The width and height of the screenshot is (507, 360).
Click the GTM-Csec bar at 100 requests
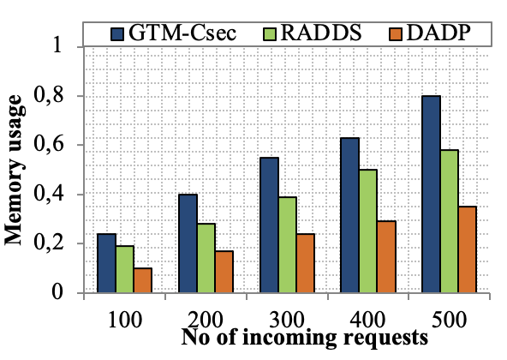(x=106, y=263)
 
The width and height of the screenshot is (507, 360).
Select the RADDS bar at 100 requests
(x=125, y=269)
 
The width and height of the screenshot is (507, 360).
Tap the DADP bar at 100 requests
(x=143, y=280)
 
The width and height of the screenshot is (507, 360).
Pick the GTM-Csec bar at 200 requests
(x=188, y=243)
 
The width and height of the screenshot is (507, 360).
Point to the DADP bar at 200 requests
(x=224, y=272)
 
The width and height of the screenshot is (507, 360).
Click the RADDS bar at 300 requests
(x=287, y=245)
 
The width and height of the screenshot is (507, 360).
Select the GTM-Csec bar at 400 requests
(x=349, y=215)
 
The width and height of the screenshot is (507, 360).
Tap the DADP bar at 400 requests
(x=385, y=257)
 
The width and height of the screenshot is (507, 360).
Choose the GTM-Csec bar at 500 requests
(x=431, y=195)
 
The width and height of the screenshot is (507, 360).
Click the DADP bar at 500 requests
(x=467, y=249)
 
